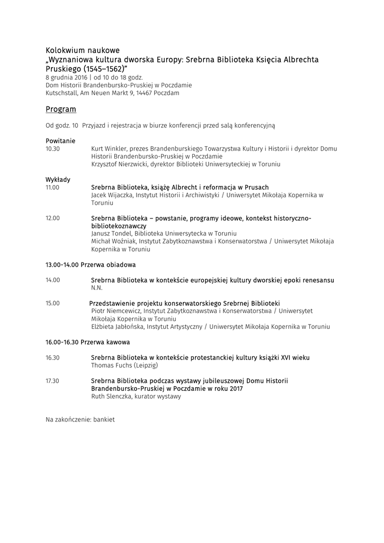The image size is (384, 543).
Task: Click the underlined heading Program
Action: pyautogui.click(x=61, y=110)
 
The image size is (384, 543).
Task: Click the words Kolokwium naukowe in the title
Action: pyautogui.click(x=83, y=50)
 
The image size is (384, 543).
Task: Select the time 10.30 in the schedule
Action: pyautogui.click(x=52, y=149)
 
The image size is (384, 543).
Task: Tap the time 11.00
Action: pyautogui.click(x=52, y=187)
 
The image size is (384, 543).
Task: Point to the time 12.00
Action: pyautogui.click(x=52, y=218)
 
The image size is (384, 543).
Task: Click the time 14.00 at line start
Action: pyautogui.click(x=52, y=280)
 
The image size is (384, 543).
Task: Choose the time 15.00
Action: pyautogui.click(x=52, y=303)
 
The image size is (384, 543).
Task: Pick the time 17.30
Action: pyautogui.click(x=52, y=381)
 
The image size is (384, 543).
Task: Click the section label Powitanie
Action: pyautogui.click(x=60, y=141)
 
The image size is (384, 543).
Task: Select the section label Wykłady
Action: pyautogui.click(x=58, y=179)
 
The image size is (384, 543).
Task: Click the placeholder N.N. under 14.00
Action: pyautogui.click(x=96, y=288)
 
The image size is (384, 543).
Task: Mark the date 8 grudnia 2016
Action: pyautogui.click(x=66, y=77)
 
